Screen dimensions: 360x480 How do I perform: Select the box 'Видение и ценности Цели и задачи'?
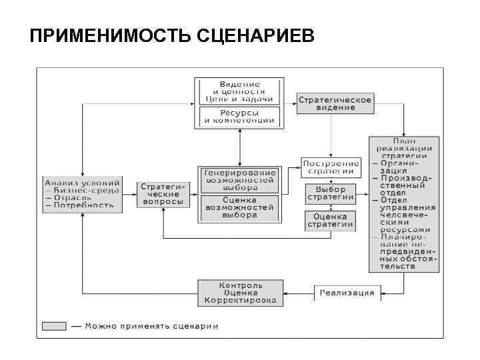(239, 91)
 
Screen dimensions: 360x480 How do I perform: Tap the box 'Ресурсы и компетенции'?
(239, 117)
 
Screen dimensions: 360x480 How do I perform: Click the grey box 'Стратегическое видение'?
(335, 103)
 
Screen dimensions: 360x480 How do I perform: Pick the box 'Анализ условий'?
(82, 193)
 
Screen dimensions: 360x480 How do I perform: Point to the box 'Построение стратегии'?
(331, 167)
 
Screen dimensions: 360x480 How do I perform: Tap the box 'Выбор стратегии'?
(331, 193)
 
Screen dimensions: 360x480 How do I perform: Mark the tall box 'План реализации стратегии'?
(404, 203)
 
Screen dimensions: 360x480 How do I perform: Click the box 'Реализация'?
(347, 293)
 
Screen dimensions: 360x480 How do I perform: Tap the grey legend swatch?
(54, 326)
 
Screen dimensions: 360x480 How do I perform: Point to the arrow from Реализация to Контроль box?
(299, 293)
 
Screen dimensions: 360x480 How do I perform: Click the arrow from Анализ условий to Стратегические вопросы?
(129, 193)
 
